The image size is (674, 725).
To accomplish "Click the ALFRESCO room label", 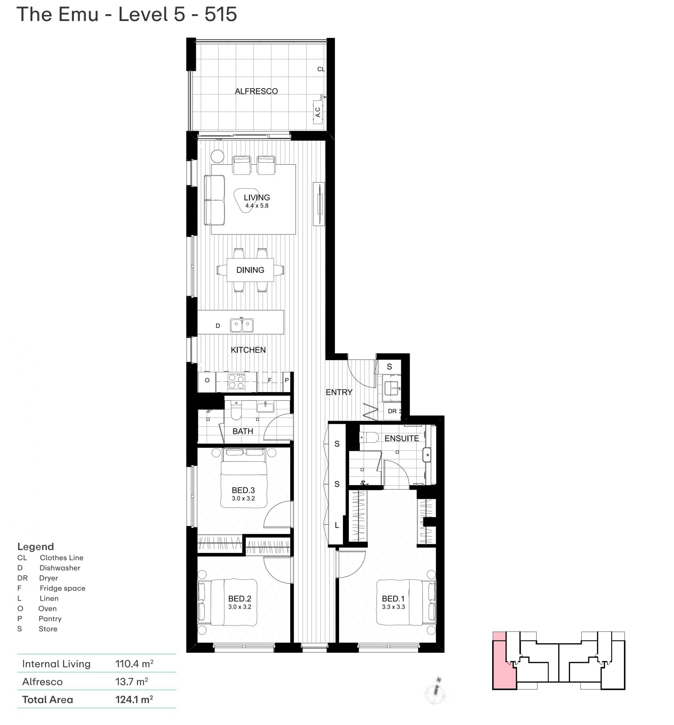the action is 256,91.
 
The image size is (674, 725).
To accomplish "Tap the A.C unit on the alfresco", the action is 318,112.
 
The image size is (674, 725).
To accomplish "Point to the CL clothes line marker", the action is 321,69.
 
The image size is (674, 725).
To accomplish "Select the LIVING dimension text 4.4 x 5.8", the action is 257,206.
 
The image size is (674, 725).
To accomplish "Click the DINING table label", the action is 250,270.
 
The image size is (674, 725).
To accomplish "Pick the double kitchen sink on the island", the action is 242,324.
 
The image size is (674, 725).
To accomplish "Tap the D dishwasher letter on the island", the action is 218,326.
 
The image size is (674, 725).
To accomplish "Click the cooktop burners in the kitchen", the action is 236,382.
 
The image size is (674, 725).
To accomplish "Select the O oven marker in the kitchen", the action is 207,380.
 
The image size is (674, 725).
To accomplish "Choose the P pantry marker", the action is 287,380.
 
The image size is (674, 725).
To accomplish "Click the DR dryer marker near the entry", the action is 392,411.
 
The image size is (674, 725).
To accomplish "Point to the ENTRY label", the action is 339,392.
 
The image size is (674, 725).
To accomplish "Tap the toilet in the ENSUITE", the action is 369,437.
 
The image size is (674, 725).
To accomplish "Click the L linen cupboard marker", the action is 337,525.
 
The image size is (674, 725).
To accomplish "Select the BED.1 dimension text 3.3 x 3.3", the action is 393,607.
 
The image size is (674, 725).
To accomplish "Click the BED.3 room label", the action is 243,490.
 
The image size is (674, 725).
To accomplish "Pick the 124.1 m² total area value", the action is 134,699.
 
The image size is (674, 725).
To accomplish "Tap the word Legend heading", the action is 36,546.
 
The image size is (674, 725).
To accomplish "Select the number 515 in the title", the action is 220,14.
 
